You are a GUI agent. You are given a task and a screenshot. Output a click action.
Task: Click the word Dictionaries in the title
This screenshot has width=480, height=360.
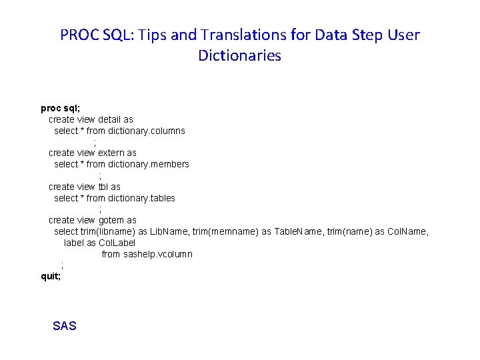(239, 55)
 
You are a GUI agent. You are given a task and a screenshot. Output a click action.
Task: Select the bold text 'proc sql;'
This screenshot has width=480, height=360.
(61, 108)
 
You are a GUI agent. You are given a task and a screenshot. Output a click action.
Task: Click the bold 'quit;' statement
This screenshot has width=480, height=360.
(51, 276)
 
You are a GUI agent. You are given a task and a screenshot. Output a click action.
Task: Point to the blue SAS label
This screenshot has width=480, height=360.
(65, 326)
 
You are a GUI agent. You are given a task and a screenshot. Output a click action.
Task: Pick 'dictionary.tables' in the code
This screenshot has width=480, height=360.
(142, 198)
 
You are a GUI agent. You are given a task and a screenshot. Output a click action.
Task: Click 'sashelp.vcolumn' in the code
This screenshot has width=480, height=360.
(158, 254)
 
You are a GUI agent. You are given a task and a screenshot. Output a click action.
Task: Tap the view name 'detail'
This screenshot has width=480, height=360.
(109, 119)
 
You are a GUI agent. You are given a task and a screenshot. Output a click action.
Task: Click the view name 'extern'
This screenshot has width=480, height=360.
(111, 153)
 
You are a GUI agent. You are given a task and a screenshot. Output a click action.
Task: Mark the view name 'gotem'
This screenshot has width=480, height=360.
(111, 220)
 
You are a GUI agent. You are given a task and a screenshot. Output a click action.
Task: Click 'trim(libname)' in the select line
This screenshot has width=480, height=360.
(108, 231)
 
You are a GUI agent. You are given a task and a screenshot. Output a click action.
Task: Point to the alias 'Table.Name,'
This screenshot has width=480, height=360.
(299, 231)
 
